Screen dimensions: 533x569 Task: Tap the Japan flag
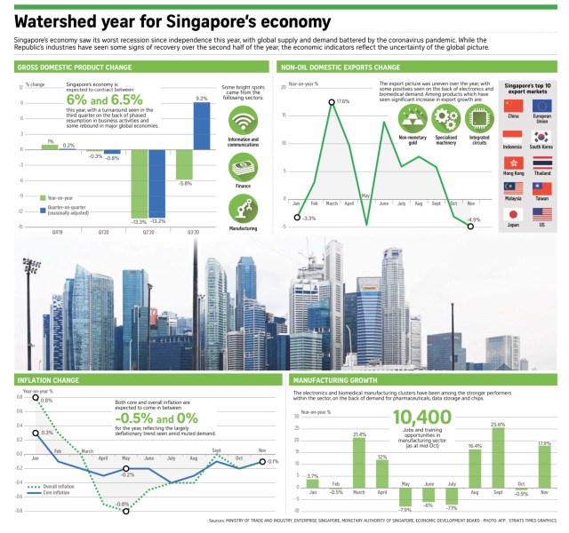(512, 214)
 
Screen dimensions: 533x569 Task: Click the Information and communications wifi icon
(243, 120)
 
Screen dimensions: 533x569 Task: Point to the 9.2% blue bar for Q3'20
(202, 126)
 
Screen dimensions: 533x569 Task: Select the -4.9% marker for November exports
(470, 227)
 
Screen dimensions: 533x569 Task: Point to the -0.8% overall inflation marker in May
(126, 511)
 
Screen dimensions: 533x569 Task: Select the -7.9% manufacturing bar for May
(405, 495)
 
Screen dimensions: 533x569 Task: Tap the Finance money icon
(243, 165)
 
